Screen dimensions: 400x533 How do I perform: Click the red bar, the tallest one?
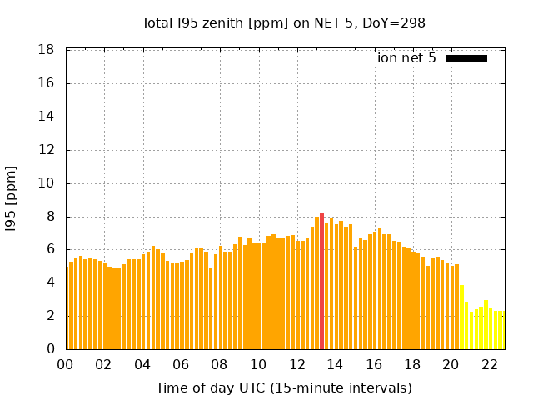322,282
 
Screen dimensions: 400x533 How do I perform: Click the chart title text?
283,23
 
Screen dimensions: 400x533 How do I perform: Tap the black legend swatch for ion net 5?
466,58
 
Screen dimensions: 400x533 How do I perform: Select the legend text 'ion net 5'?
406,58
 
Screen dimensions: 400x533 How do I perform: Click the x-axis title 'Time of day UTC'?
283,387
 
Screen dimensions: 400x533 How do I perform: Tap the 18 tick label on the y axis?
47,50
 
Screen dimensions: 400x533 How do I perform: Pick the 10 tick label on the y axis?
47,183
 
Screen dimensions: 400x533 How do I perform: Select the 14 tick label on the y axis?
47,117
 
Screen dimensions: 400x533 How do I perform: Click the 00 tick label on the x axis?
66,364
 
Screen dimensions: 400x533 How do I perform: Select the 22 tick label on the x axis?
490,364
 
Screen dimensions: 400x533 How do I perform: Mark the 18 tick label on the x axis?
412,364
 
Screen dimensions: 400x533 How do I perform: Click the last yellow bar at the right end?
501,330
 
